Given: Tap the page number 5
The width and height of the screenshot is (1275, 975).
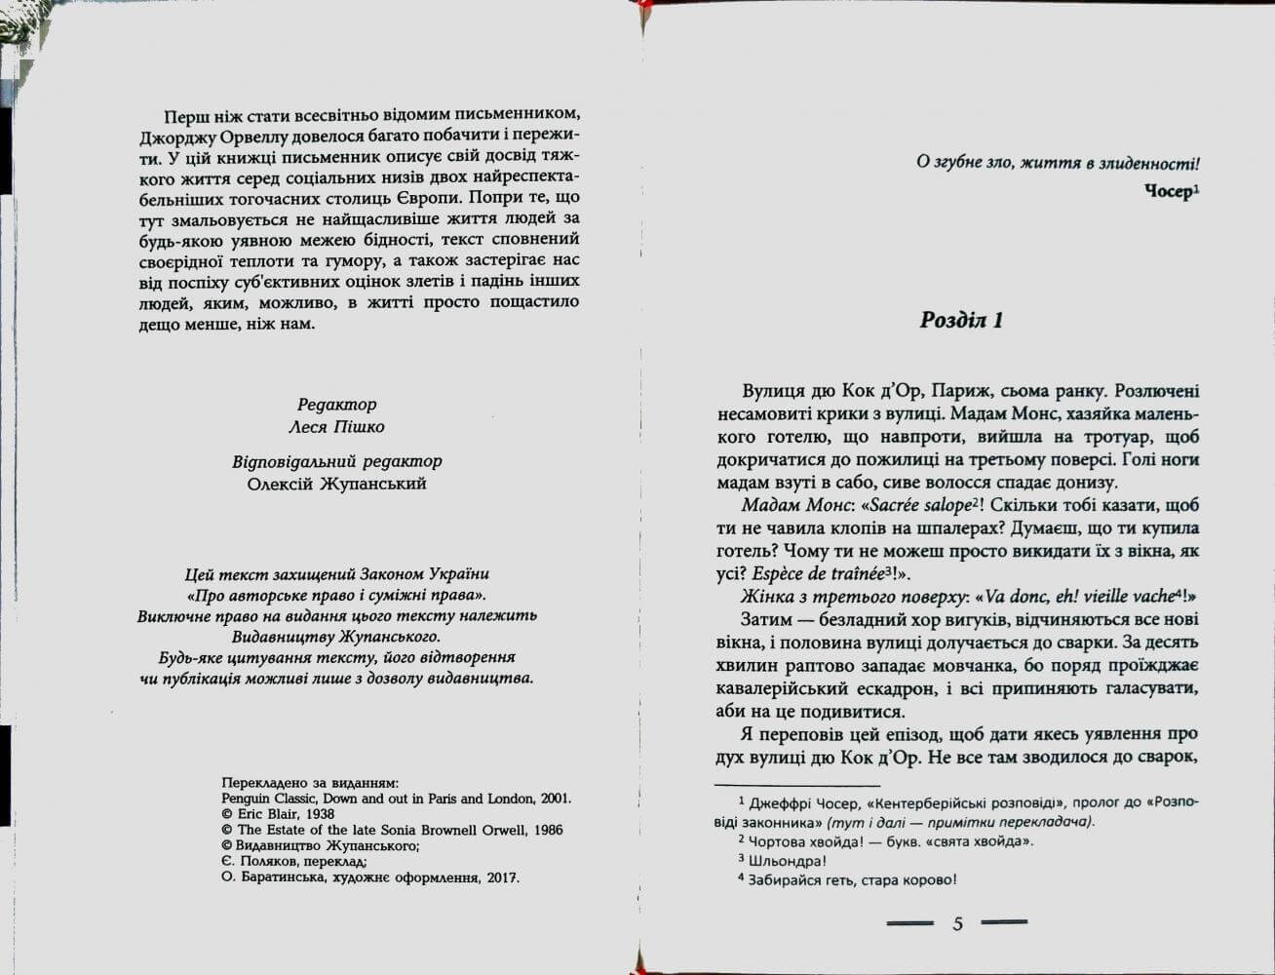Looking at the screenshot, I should click(x=957, y=923).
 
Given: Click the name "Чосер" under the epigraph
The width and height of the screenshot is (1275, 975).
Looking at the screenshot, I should click(x=1168, y=191).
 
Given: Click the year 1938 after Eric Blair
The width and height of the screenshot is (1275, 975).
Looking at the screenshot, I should click(x=314, y=814).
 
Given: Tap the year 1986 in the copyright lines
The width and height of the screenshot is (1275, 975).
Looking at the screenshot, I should click(x=546, y=830).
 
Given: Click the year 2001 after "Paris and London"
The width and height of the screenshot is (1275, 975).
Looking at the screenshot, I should click(x=554, y=799).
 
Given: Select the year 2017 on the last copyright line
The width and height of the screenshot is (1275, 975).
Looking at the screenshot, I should click(x=503, y=877).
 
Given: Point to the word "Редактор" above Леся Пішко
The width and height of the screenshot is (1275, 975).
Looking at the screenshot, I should click(x=337, y=405).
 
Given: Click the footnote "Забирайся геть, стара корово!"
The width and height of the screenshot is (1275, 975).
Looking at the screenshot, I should click(x=852, y=879).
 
